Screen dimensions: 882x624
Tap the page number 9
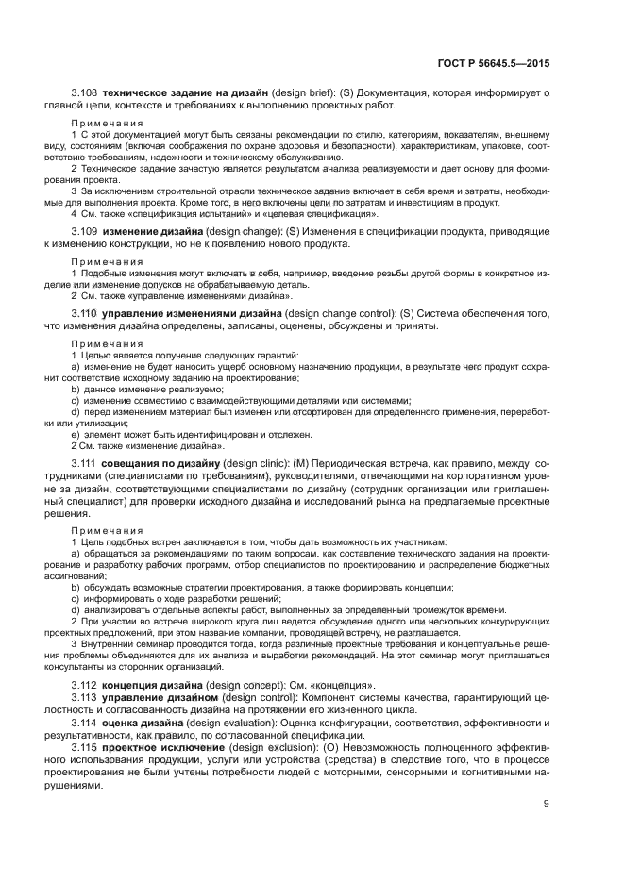click(547, 804)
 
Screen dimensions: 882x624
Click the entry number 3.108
click(85, 95)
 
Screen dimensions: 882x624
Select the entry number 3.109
click(85, 232)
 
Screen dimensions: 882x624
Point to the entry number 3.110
click(85, 313)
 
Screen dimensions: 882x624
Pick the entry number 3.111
click(85, 466)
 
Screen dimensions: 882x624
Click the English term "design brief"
click(303, 95)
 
